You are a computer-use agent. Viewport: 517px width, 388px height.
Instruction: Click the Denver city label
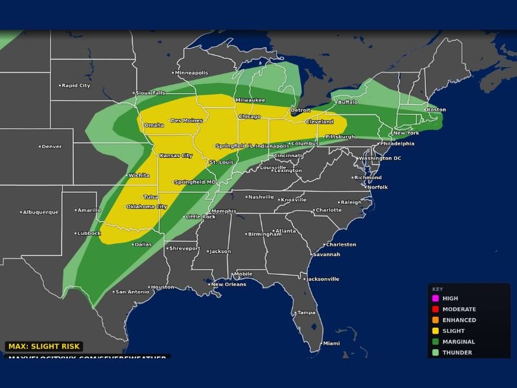(52, 147)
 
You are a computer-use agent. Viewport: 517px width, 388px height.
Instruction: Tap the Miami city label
(331, 343)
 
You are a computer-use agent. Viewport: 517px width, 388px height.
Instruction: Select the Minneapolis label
(192, 72)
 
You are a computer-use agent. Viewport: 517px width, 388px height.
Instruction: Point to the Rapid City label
(76, 85)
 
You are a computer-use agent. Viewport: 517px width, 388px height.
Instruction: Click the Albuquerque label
(41, 212)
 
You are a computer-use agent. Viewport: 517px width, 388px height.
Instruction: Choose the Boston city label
(436, 109)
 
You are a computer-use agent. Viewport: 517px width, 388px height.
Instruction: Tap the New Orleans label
(229, 285)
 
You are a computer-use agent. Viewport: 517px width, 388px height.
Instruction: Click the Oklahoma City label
(146, 207)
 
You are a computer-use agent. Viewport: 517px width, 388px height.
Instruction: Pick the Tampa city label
(306, 313)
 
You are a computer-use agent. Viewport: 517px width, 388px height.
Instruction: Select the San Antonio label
(132, 292)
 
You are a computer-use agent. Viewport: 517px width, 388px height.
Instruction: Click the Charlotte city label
(328, 210)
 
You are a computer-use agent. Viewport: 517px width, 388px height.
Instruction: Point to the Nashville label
(261, 197)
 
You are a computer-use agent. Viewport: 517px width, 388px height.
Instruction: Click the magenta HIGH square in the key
(436, 299)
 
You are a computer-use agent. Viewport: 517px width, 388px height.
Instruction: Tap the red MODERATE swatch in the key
(436, 310)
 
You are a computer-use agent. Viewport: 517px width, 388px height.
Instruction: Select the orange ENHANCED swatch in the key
(436, 320)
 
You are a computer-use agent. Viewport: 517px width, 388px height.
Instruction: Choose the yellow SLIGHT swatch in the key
(436, 331)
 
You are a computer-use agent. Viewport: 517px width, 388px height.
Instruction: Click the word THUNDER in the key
(457, 352)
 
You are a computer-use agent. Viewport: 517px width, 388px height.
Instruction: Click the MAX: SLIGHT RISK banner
(43, 347)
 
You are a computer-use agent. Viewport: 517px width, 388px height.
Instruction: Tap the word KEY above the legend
(438, 289)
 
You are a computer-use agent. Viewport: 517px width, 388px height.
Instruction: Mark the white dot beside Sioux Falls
(135, 93)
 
